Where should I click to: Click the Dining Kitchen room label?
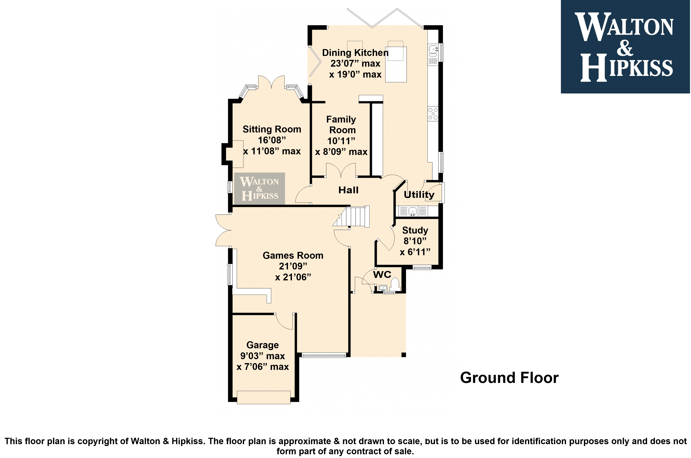[x=355, y=53]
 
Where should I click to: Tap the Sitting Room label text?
[x=272, y=129]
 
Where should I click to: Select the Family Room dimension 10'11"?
[x=341, y=141]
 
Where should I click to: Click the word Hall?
[x=348, y=190]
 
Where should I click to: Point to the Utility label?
[x=419, y=195]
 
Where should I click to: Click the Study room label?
[x=415, y=230]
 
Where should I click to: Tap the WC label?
[x=382, y=275]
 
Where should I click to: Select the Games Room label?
[x=293, y=256]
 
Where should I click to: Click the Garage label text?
[x=263, y=345]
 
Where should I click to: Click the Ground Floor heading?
[x=509, y=378]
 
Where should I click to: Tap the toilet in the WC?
[x=395, y=284]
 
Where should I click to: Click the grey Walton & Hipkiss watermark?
[x=259, y=188]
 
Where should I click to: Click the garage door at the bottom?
[x=263, y=397]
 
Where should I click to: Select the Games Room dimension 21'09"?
[x=293, y=266]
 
